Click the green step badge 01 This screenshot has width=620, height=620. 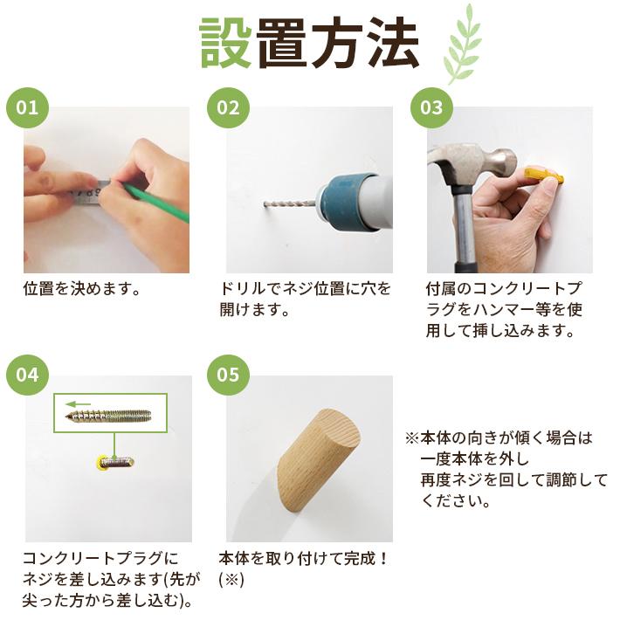[x=27, y=107]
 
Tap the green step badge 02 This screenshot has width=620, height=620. [x=228, y=107]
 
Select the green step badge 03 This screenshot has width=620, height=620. [x=431, y=107]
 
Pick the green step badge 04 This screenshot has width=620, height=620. [x=27, y=374]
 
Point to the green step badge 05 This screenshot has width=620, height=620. [x=228, y=374]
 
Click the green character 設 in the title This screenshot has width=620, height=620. [x=226, y=43]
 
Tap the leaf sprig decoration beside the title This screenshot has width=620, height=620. [x=462, y=44]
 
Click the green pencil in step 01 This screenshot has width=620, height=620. [x=156, y=202]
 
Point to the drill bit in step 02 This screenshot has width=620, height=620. [x=289, y=205]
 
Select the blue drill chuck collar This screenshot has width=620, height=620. [x=345, y=202]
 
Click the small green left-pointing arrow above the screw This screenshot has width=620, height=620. [x=78, y=404]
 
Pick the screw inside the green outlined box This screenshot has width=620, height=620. [x=108, y=415]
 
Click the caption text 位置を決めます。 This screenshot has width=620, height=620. [x=82, y=289]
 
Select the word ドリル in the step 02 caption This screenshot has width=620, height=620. [x=243, y=289]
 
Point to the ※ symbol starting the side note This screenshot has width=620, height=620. [x=411, y=438]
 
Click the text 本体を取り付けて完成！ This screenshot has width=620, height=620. [x=304, y=558]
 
